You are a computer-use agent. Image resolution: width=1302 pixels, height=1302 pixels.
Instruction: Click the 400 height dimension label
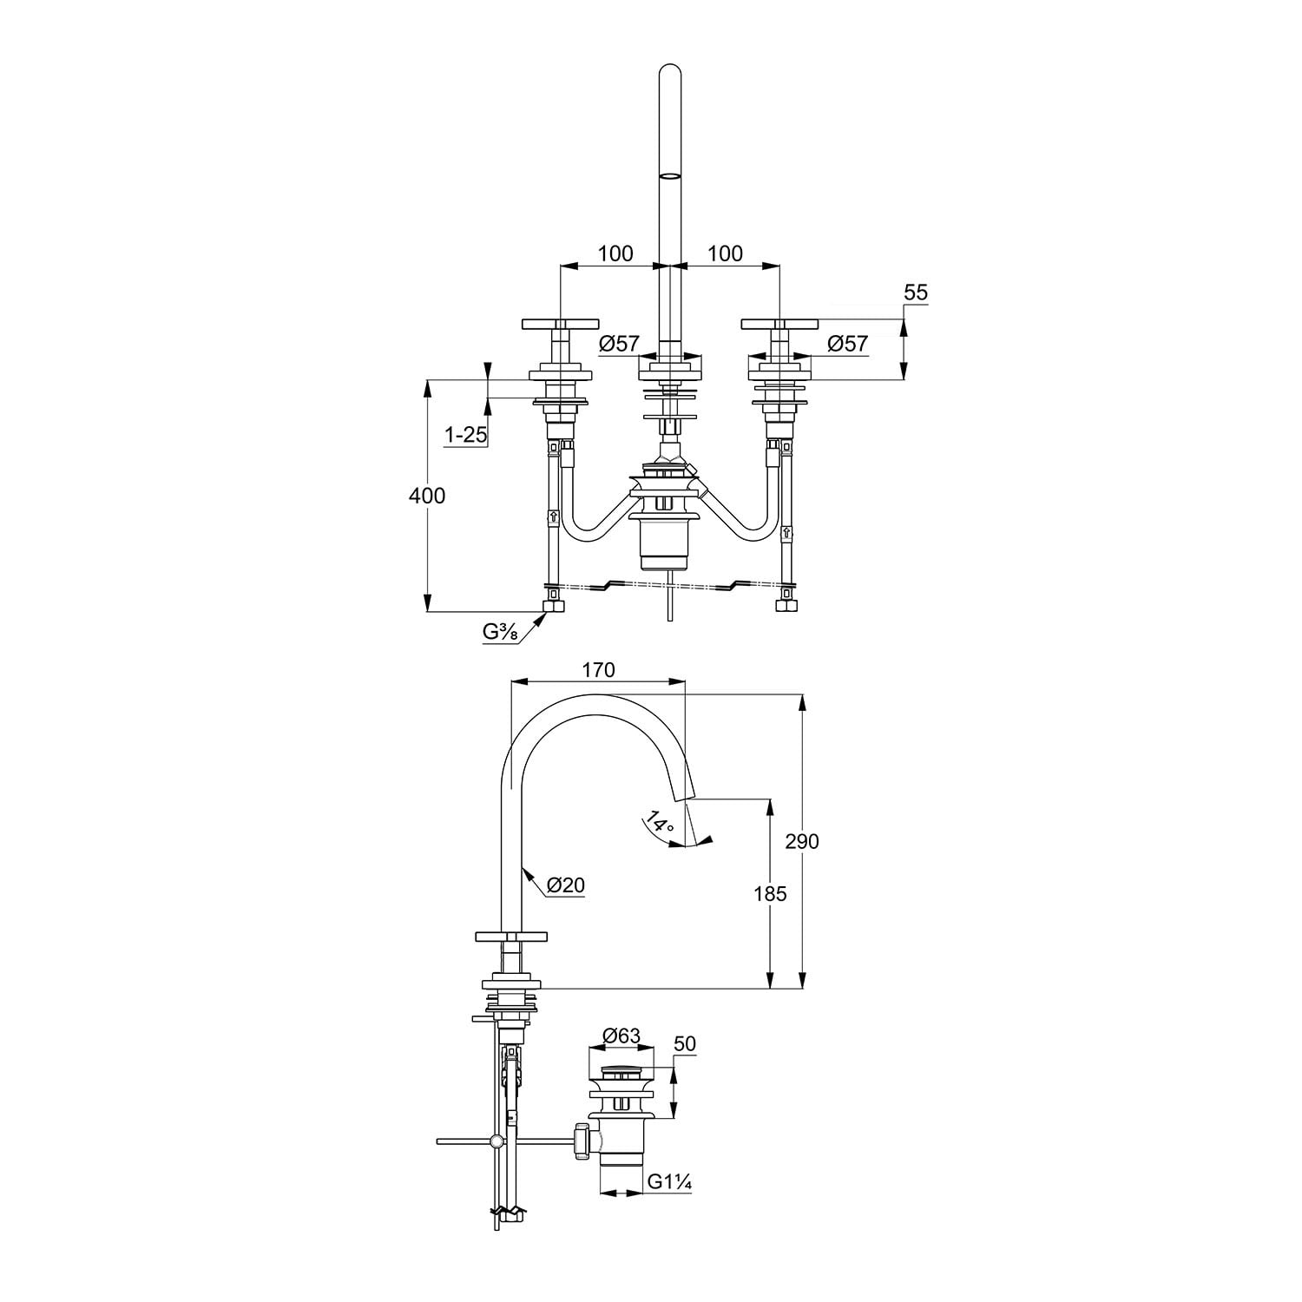tap(427, 496)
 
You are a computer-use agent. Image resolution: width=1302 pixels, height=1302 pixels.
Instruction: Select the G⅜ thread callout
tap(501, 632)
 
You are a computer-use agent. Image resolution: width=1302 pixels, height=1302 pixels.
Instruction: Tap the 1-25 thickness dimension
tap(466, 435)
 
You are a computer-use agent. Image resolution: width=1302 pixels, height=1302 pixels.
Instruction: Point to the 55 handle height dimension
tap(916, 293)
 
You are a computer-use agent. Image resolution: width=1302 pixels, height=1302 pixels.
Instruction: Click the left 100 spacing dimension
tap(615, 253)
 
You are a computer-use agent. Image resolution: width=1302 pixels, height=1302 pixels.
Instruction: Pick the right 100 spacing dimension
tap(726, 253)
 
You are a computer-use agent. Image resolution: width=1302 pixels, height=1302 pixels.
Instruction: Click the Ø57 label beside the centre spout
tap(619, 344)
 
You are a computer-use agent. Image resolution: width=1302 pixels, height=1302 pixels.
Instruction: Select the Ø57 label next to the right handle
tap(847, 344)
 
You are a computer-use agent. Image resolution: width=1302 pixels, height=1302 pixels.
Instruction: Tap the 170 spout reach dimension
tap(598, 670)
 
